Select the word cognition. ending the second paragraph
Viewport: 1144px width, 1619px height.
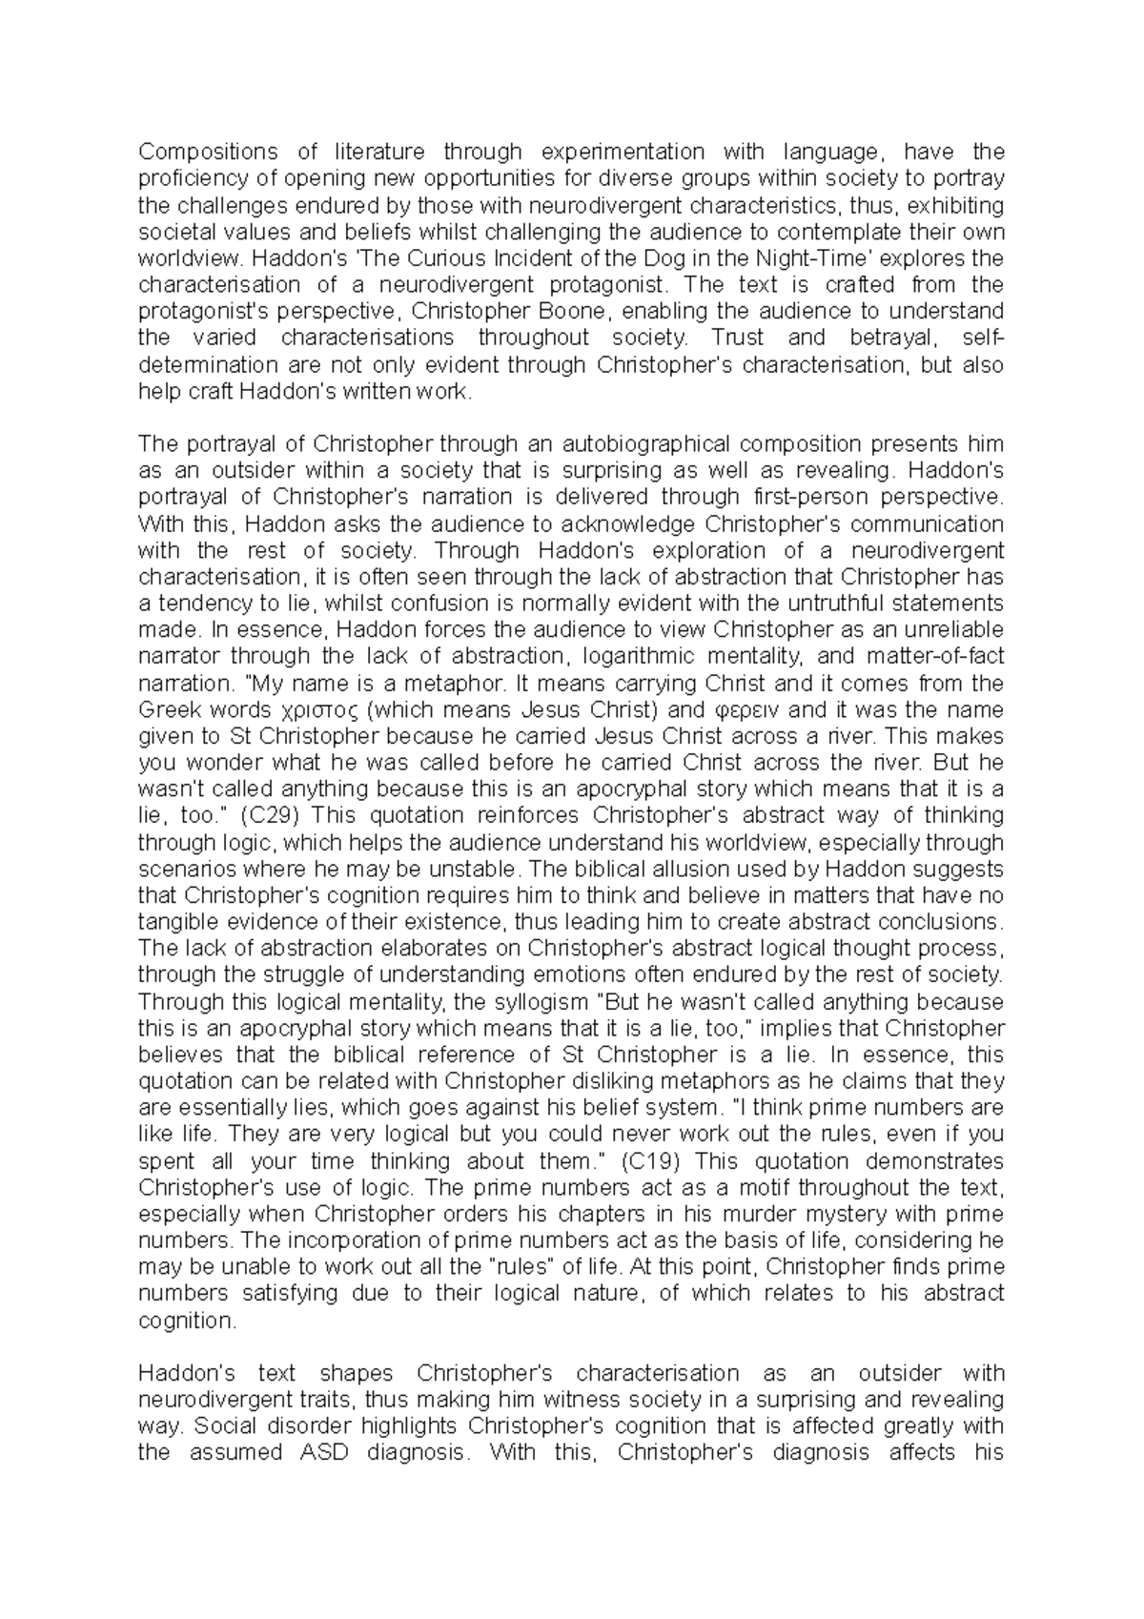point(186,1321)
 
